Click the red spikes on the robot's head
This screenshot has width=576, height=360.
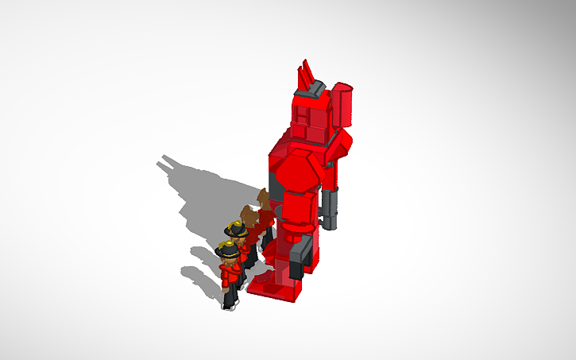point(304,77)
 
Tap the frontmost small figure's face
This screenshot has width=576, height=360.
point(229,260)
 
